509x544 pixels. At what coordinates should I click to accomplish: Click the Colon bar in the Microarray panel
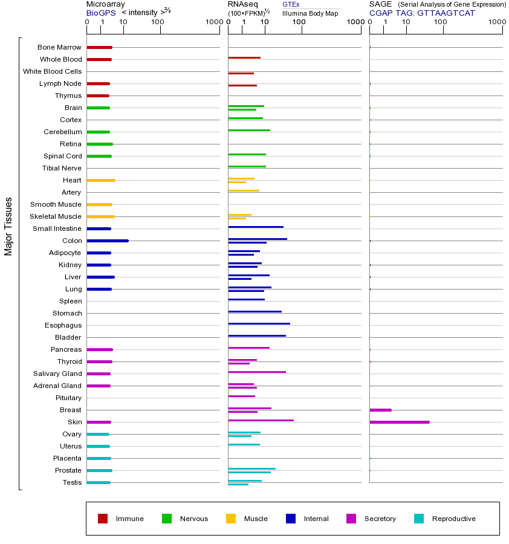point(108,241)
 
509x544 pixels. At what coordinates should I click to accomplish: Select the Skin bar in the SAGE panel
point(399,422)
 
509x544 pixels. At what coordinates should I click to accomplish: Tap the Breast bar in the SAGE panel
point(380,410)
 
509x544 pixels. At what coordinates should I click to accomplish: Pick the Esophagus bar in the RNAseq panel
point(259,323)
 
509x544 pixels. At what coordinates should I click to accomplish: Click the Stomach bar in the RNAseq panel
point(254,311)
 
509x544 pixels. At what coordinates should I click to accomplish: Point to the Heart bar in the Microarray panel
point(101,180)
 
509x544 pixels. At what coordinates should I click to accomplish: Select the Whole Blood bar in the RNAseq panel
point(244,57)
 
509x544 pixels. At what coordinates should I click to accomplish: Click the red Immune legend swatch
point(103,519)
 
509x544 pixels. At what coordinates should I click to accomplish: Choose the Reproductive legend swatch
point(419,519)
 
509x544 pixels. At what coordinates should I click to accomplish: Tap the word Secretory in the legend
point(380,519)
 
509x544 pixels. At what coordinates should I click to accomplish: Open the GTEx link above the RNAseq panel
point(291,4)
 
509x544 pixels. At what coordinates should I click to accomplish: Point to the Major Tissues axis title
point(8,226)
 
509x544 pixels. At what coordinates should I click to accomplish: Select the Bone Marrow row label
point(59,47)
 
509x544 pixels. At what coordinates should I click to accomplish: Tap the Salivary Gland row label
point(57,374)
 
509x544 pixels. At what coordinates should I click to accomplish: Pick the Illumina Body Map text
point(310,13)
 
